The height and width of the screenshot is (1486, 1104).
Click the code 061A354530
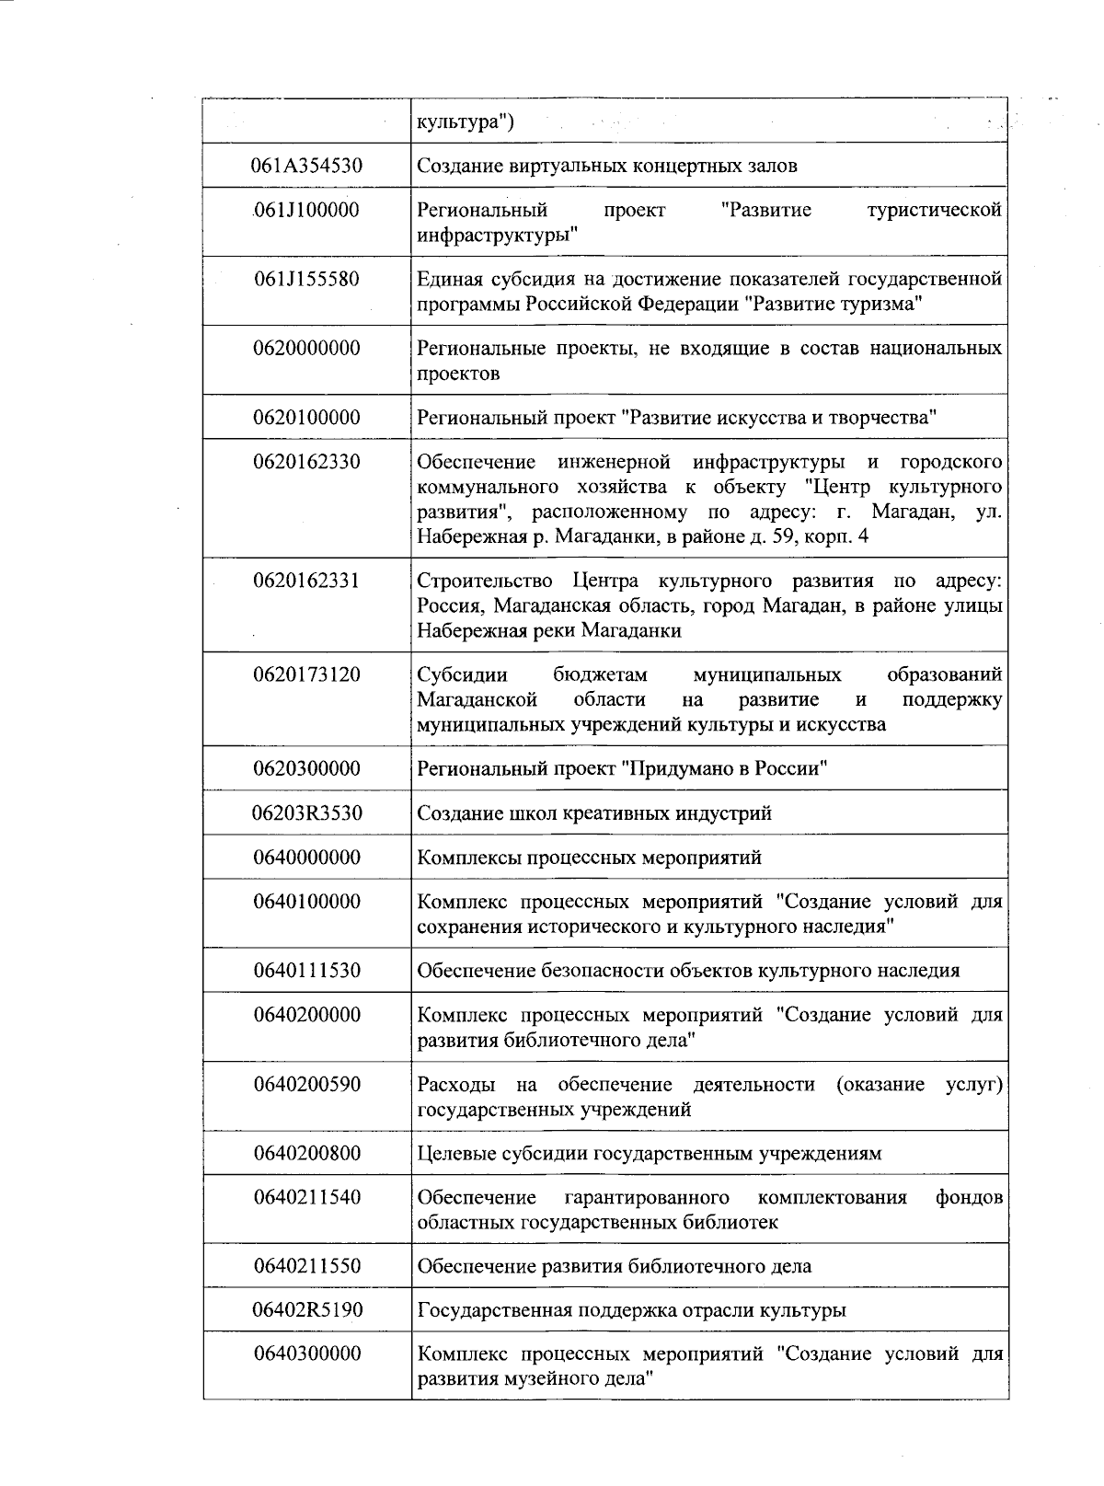[307, 167]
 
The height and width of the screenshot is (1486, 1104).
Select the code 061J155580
[307, 279]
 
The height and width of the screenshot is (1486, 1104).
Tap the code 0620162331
[307, 581]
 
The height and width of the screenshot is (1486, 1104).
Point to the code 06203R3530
[307, 813]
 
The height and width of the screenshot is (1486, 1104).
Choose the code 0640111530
[307, 971]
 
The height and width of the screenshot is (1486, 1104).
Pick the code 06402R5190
[307, 1310]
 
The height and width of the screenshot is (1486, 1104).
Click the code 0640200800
[307, 1153]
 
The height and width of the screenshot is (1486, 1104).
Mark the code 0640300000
[307, 1354]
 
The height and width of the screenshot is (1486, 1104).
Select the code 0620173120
[307, 674]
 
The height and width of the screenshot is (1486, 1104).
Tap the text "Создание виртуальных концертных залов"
[607, 167]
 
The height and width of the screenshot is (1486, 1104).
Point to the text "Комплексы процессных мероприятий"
[590, 858]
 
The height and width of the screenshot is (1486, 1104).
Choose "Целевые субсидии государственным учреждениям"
[650, 1153]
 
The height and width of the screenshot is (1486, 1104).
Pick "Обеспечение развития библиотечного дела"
[615, 1266]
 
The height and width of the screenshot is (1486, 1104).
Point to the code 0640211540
[307, 1197]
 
